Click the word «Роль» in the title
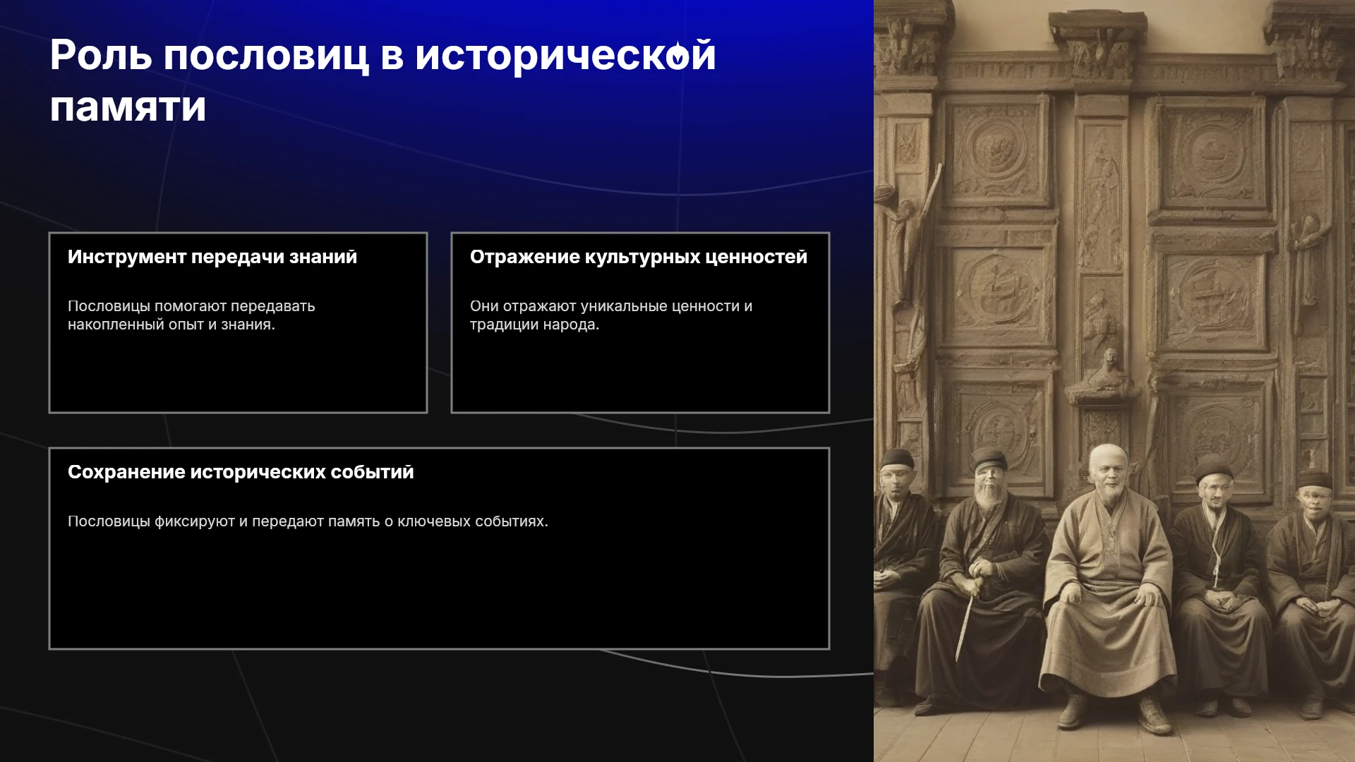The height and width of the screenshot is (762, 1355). (101, 55)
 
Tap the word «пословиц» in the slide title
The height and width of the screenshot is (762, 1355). (266, 56)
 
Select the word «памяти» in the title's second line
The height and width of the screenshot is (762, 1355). (128, 108)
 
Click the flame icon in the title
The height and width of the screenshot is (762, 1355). (678, 54)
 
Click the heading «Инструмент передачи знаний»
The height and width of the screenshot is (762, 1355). (212, 257)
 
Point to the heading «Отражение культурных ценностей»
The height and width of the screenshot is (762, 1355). (639, 257)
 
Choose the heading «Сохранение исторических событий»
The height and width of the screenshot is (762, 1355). (241, 472)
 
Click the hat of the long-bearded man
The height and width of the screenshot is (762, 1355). (987, 459)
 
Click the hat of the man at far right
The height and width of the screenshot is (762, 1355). (1314, 479)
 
